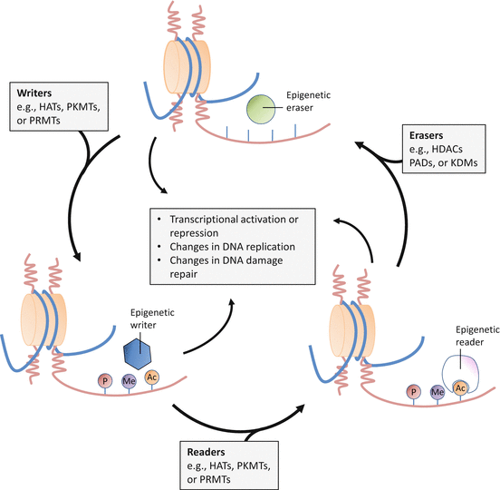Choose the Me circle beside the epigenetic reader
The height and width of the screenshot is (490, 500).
437,391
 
